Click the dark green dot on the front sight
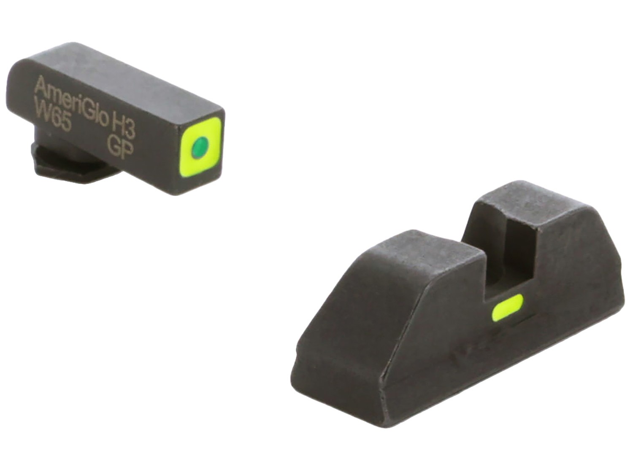pos(200,143)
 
